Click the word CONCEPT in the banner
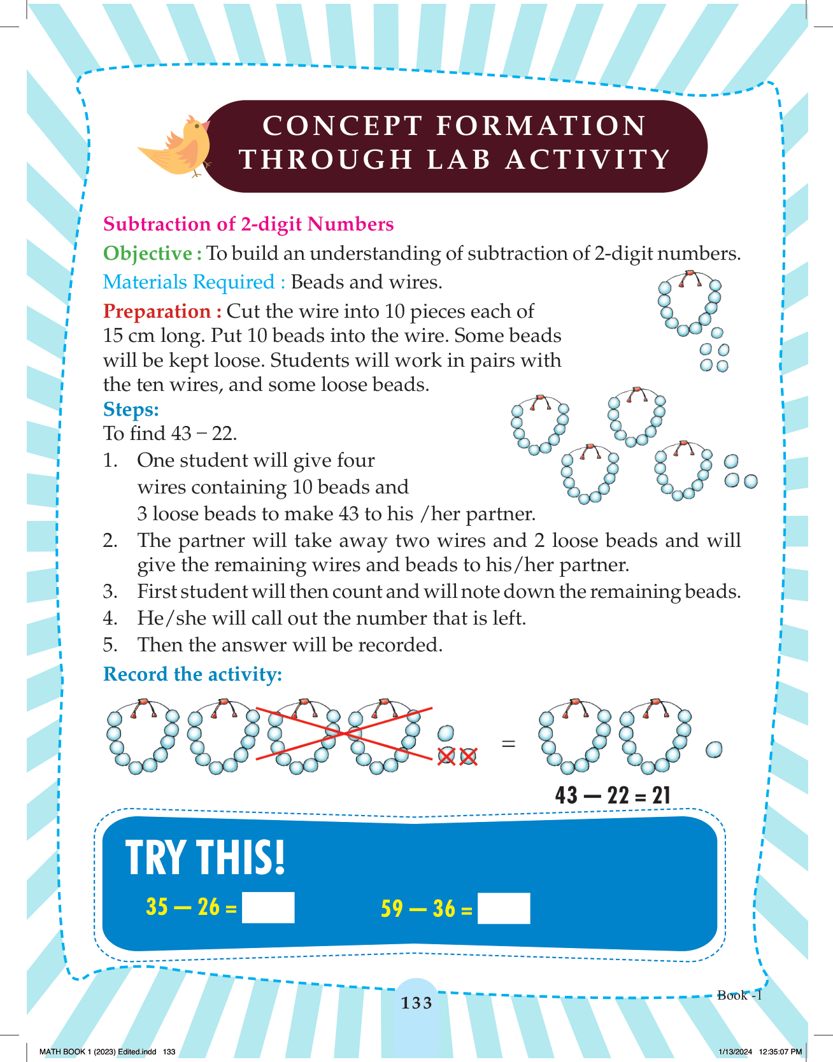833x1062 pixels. (343, 125)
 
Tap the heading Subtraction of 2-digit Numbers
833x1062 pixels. (248, 224)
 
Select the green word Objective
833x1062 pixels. (148, 253)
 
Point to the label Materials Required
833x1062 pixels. (189, 282)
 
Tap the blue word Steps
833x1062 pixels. (131, 409)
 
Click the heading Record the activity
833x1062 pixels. (192, 674)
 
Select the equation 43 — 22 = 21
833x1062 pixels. (613, 795)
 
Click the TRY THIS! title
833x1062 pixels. (205, 858)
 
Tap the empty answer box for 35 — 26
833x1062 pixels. (268, 907)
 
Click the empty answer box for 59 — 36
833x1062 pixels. (504, 909)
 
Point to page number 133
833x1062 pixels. (416, 1003)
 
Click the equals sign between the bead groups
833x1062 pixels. (508, 743)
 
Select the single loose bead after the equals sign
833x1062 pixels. (715, 749)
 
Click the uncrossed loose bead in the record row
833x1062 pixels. (446, 733)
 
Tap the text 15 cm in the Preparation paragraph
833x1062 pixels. (127, 336)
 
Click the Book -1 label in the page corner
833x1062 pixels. (739, 995)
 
